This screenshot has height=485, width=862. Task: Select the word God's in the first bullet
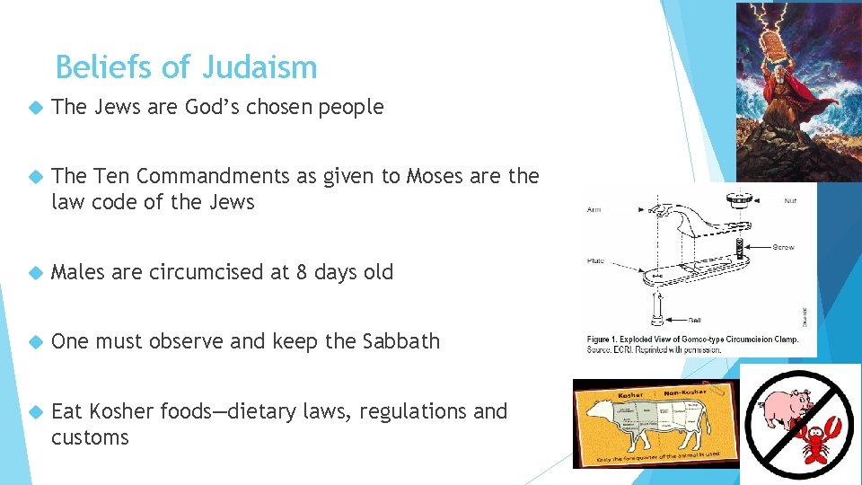coord(216,108)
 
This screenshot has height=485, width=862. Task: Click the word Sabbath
coord(401,341)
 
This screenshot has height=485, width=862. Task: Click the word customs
coord(90,437)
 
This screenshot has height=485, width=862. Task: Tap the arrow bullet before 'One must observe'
coord(34,342)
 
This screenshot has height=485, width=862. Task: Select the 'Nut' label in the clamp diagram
coord(789,201)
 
